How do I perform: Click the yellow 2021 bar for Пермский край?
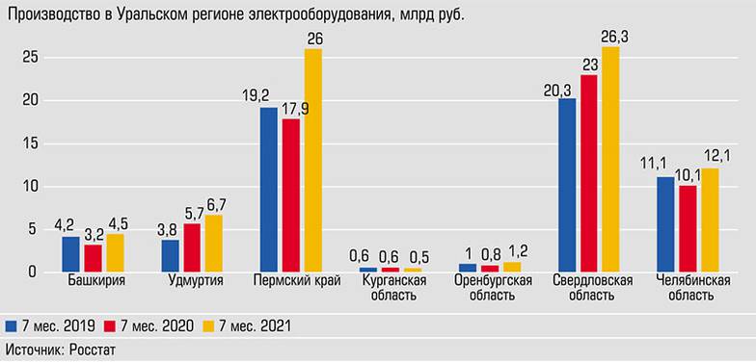tap(312, 160)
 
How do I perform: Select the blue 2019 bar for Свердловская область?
tap(566, 185)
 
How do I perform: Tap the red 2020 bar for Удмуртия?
tap(192, 247)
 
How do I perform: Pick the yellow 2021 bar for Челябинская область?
tap(710, 220)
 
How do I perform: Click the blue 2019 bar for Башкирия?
tap(70, 254)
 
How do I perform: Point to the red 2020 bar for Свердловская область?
tap(588, 173)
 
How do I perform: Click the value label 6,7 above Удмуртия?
tap(216, 204)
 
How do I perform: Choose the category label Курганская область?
tap(391, 288)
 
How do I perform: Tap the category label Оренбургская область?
tap(493, 288)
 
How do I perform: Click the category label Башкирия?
tap(94, 281)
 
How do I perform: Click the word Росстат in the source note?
tap(92, 350)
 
